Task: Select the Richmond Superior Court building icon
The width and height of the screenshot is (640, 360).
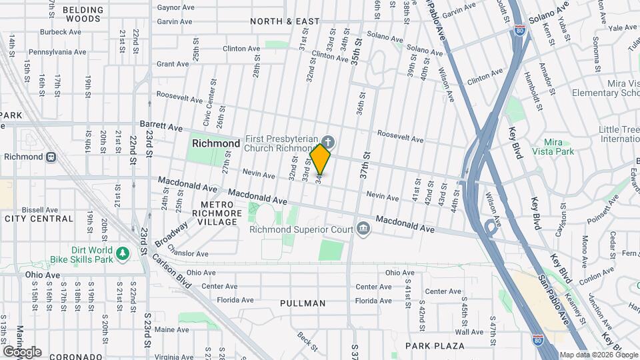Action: click(363, 229)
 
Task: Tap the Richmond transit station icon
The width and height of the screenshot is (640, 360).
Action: click(51, 157)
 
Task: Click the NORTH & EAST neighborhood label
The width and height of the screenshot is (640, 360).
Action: click(285, 21)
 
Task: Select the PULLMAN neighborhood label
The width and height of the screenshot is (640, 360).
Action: click(303, 303)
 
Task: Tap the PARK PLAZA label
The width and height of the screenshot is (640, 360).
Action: click(435, 345)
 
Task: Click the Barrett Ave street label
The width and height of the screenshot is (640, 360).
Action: click(161, 126)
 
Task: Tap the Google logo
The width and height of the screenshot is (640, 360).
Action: click(22, 351)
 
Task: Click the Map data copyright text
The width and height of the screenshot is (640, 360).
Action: click(598, 355)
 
